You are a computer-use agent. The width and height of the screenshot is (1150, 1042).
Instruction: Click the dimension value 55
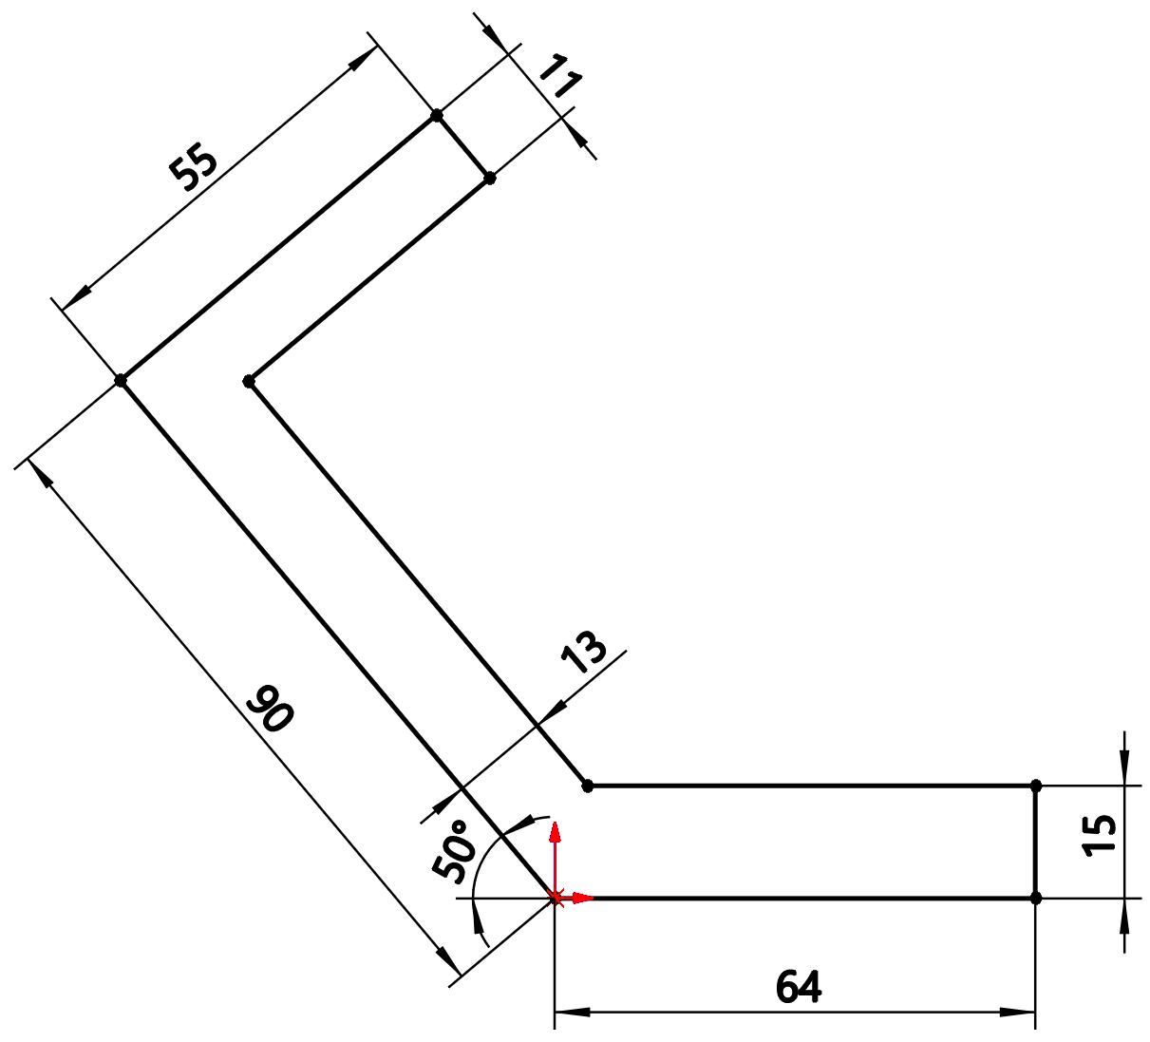(194, 167)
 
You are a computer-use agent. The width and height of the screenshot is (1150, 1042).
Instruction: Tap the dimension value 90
(271, 709)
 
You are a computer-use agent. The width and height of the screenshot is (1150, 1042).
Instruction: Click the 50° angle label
(454, 852)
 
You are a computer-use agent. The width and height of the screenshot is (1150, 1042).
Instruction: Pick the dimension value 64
(798, 988)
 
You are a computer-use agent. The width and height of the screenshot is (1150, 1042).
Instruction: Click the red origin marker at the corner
(555, 898)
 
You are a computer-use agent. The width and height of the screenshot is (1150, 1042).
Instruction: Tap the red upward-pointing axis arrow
(555, 832)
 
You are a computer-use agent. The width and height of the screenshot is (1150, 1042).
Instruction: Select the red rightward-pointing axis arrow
(583, 898)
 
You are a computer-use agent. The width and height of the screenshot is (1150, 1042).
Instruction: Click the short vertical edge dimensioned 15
(1035, 842)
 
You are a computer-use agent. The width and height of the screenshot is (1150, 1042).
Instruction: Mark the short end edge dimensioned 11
(463, 146)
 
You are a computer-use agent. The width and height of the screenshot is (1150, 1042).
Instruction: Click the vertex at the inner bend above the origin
(588, 786)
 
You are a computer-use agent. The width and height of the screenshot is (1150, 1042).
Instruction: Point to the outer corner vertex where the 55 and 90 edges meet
(121, 380)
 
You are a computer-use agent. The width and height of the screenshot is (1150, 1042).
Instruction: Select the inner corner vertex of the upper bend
(249, 381)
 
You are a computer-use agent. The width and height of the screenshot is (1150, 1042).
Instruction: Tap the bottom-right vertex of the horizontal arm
(1035, 898)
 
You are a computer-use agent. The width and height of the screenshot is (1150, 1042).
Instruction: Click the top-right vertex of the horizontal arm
(1035, 786)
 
